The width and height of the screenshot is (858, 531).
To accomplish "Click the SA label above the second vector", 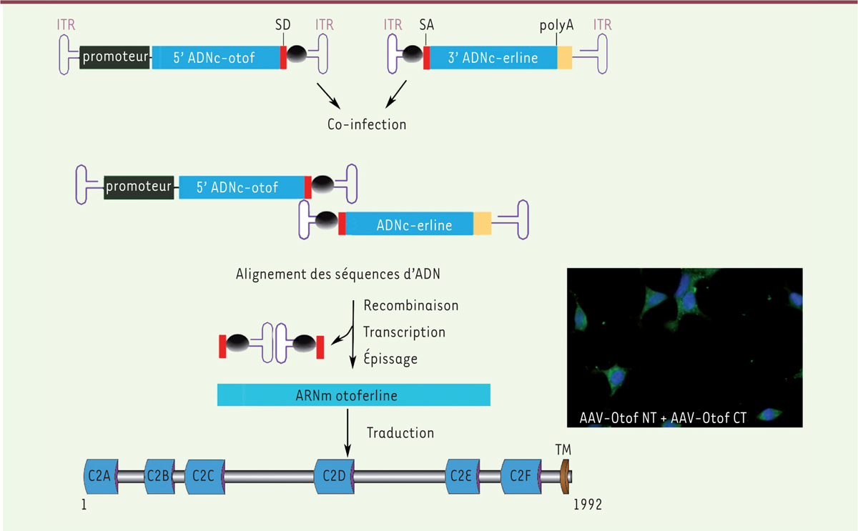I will pyautogui.click(x=427, y=24).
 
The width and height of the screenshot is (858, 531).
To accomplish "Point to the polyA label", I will pyautogui.click(x=557, y=24).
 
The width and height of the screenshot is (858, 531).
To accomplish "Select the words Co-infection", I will pyautogui.click(x=363, y=124).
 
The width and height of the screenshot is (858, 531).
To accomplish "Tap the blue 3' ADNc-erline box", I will pyautogui.click(x=493, y=58).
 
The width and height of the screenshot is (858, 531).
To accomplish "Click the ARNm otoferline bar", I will pyautogui.click(x=353, y=394).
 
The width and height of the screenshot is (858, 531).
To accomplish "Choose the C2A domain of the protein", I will pyautogui.click(x=99, y=475).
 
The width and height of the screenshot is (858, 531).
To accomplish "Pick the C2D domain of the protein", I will pyautogui.click(x=333, y=475).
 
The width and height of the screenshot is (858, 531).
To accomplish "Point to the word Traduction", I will pyautogui.click(x=400, y=432).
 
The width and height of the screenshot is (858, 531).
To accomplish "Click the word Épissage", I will pyautogui.click(x=390, y=359).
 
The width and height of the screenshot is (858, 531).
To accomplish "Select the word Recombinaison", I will pyautogui.click(x=411, y=305).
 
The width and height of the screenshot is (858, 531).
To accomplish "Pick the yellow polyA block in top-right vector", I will pyautogui.click(x=565, y=58).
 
